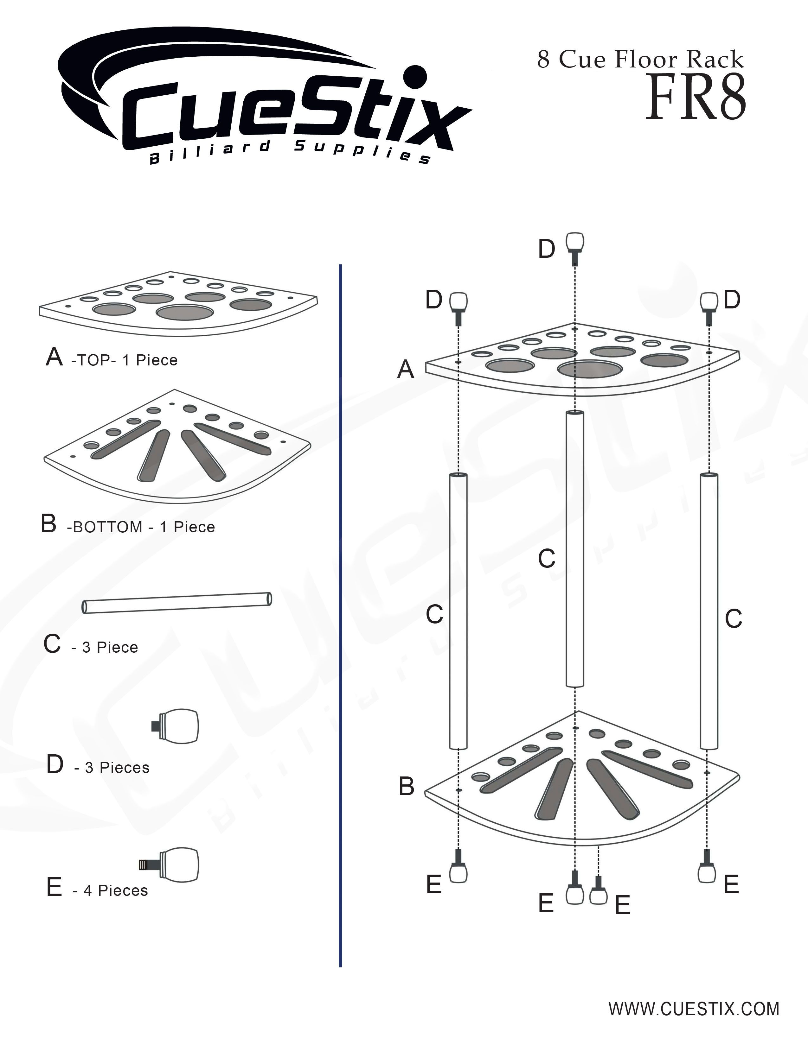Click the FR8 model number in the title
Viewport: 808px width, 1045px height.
pyautogui.click(x=695, y=98)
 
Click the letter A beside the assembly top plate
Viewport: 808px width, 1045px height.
pyautogui.click(x=406, y=370)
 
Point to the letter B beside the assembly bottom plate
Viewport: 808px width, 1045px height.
pyautogui.click(x=407, y=786)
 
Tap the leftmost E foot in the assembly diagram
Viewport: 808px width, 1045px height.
pyautogui.click(x=459, y=865)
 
